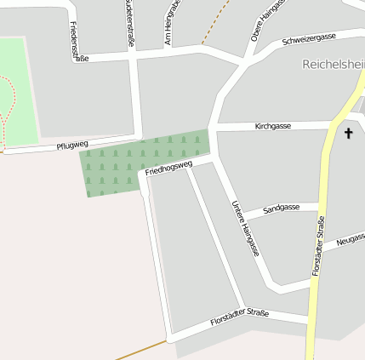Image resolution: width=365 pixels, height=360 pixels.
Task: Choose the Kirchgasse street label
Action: click(x=273, y=126)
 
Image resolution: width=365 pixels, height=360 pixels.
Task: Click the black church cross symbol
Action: click(x=348, y=133)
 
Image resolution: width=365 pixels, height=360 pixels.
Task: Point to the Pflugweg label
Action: click(x=72, y=146)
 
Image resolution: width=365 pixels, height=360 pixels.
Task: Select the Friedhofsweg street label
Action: click(x=169, y=167)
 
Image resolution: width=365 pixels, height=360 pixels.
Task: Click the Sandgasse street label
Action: click(x=281, y=208)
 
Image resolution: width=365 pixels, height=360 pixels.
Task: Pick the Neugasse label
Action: click(x=350, y=241)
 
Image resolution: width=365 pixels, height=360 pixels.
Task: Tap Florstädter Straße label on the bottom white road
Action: click(x=239, y=318)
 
